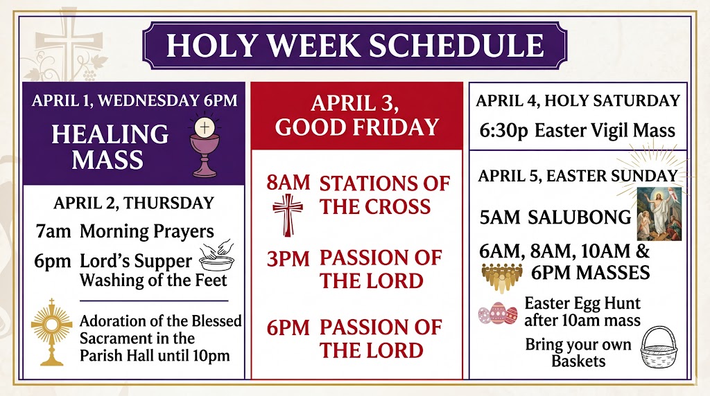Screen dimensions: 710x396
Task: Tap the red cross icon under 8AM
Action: tap(288, 215)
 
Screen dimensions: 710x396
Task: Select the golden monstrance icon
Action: tap(51, 332)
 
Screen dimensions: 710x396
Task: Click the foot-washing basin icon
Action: tap(217, 256)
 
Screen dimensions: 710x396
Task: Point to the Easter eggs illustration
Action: tap(498, 314)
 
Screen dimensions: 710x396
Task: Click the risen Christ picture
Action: tap(659, 214)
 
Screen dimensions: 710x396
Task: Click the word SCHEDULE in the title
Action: tap(456, 45)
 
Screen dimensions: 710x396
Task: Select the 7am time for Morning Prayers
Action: tap(53, 231)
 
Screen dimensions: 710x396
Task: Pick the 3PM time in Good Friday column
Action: tap(288, 259)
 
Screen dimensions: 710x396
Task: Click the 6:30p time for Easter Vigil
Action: tap(503, 131)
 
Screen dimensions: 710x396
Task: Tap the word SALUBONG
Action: tap(579, 217)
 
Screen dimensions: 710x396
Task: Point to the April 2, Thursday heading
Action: tap(134, 203)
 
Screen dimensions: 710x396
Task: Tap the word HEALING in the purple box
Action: tap(110, 134)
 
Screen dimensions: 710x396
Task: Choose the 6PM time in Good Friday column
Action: tap(288, 327)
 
